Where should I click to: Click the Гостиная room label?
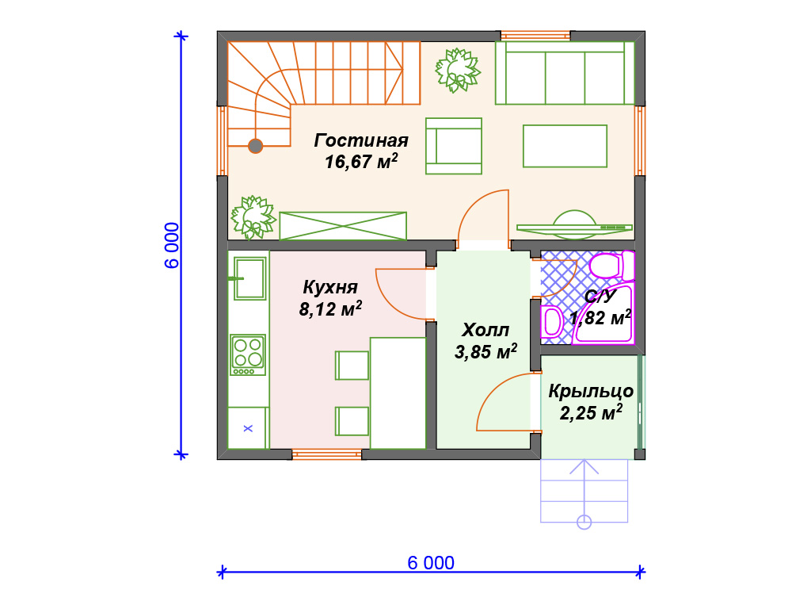[x=361, y=140]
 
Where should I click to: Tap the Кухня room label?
[x=330, y=287]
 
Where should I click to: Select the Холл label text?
[x=485, y=330]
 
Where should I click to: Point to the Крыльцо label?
[x=591, y=391]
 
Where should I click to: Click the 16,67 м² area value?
[x=361, y=162]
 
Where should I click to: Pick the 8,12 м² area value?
[x=330, y=308]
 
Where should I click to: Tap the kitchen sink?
[x=249, y=278]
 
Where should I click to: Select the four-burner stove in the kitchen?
[x=248, y=354]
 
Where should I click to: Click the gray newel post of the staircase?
[x=256, y=146]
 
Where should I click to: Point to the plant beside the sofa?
[x=458, y=71]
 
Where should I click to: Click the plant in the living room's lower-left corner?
[x=253, y=217]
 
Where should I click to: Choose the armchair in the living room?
[x=454, y=146]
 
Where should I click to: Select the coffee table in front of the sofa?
[x=565, y=146]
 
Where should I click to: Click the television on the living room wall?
[x=574, y=226]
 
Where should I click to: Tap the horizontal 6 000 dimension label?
[x=431, y=563]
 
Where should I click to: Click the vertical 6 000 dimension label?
[x=172, y=246]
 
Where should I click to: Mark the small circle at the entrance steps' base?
[x=584, y=522]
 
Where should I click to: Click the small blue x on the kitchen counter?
[x=248, y=428]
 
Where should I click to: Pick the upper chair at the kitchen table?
[x=352, y=365]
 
